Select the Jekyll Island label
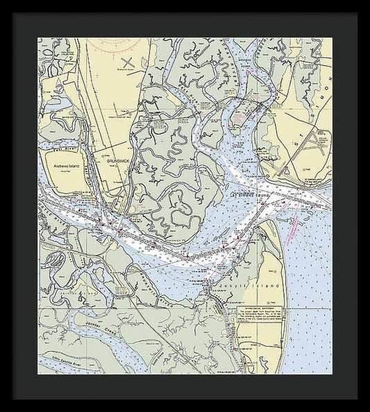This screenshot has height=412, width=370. tap(248, 286)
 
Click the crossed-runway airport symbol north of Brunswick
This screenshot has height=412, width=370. tap(127, 63)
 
